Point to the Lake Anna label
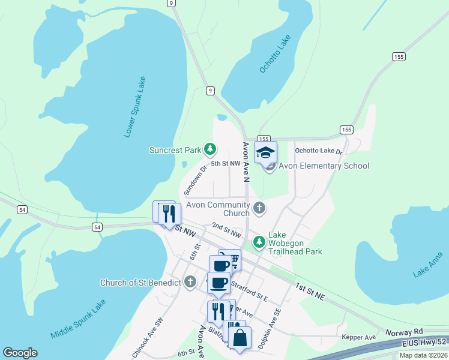point(428,265)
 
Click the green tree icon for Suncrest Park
point(209,149)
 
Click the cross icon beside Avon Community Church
point(259,208)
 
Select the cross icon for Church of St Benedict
point(190,281)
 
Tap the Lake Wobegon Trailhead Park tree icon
point(259,242)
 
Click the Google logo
point(20,353)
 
